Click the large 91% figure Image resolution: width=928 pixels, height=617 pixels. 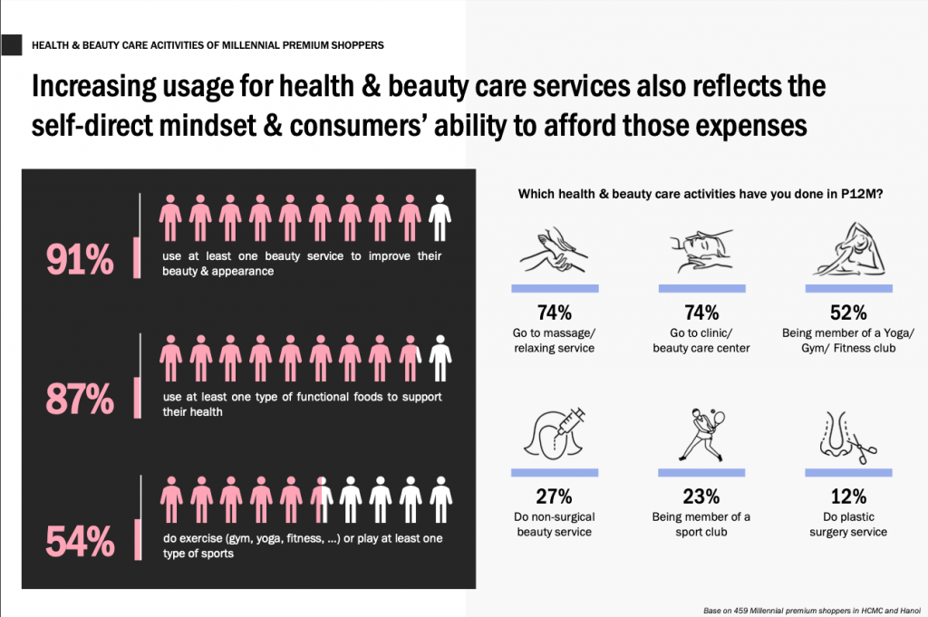(x=80, y=260)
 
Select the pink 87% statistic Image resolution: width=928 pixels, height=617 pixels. (x=80, y=399)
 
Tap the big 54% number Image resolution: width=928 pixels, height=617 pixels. (x=80, y=541)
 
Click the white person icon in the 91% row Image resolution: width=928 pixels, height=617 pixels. (x=440, y=217)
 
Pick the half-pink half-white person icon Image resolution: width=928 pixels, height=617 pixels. (x=322, y=500)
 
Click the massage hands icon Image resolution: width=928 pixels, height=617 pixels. (x=554, y=251)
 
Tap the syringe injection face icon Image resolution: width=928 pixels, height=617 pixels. (x=555, y=434)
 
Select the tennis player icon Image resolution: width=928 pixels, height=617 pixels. (x=702, y=434)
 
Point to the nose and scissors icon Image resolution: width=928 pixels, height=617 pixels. (x=848, y=438)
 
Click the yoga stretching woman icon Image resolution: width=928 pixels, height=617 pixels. (x=849, y=250)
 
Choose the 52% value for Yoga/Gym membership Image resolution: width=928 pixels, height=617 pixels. (x=848, y=313)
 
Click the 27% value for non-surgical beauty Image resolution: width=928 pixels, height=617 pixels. (x=554, y=496)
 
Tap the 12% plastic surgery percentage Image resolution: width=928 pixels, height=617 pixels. (x=848, y=496)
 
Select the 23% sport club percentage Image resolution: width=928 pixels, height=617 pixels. (x=701, y=496)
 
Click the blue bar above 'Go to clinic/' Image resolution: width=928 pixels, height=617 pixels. (x=702, y=289)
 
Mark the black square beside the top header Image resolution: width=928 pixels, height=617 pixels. (x=11, y=45)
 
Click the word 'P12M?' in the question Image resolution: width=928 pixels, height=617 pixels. (x=863, y=194)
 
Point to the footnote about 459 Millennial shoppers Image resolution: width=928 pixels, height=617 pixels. (x=812, y=611)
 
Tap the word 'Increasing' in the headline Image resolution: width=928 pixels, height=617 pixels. (x=94, y=87)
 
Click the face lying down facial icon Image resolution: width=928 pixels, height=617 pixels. (x=702, y=251)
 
